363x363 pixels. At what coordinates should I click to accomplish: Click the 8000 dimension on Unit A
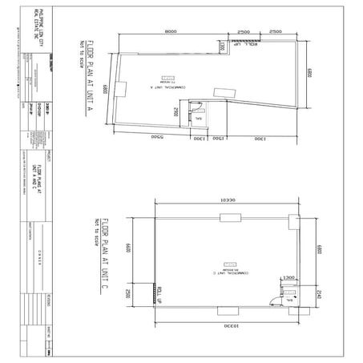click(171, 30)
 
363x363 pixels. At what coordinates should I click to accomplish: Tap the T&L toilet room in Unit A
click(198, 117)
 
